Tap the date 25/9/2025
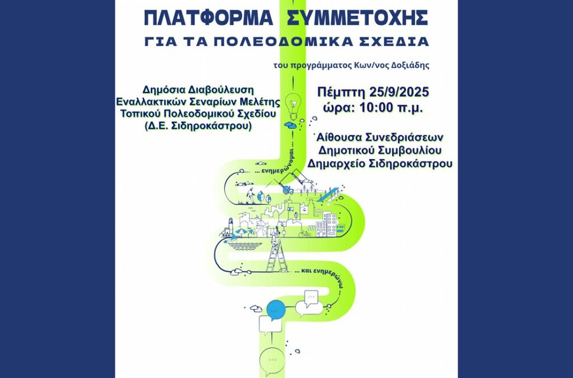[x=398, y=92]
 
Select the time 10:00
[x=377, y=108]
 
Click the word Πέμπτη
[x=341, y=92]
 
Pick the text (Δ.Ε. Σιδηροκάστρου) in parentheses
[x=198, y=126]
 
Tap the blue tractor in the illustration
[x=288, y=189]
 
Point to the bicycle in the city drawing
[x=305, y=233]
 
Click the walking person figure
[x=250, y=197]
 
